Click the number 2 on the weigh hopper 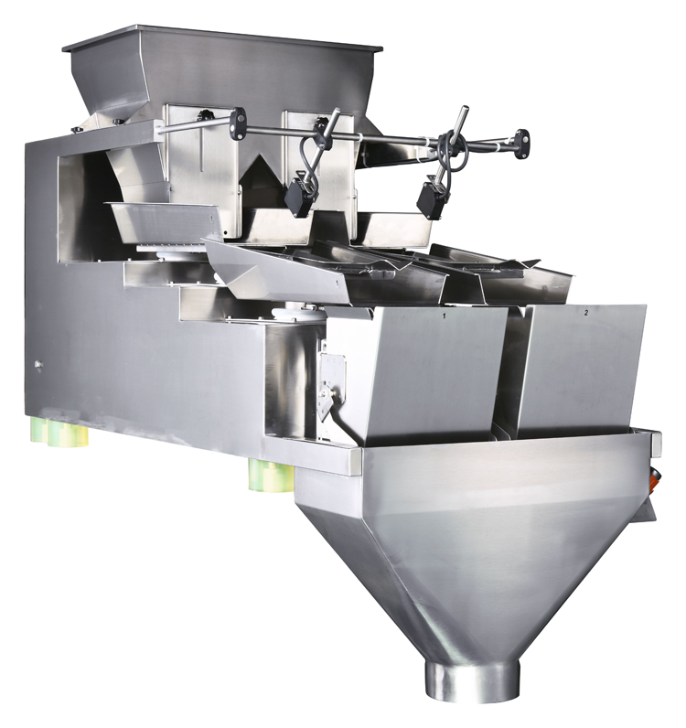(x=585, y=312)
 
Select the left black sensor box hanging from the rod (x=298, y=196)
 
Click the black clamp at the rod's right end (x=521, y=142)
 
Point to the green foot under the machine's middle (x=271, y=476)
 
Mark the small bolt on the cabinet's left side (x=38, y=365)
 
